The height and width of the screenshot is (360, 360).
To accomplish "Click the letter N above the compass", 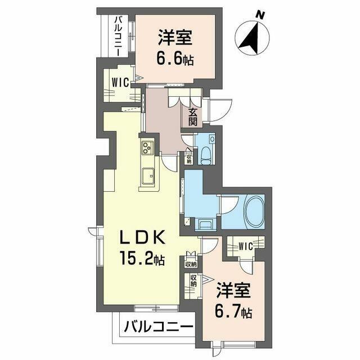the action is [x=260, y=15].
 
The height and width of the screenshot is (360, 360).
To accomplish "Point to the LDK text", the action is [x=142, y=237].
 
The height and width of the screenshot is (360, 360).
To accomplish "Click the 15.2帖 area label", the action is [x=142, y=258].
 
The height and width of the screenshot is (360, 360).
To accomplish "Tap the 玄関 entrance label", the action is [x=193, y=116].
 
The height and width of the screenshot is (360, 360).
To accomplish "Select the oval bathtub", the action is [x=255, y=211].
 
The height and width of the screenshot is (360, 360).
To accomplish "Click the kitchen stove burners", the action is [x=147, y=147].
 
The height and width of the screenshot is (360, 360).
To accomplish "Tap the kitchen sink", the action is [x=148, y=176].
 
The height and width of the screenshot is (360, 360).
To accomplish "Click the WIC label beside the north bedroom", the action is [x=120, y=83].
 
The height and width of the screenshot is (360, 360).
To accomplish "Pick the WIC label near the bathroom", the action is [x=245, y=246].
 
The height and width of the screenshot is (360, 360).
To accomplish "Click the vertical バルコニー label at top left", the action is [x=119, y=36].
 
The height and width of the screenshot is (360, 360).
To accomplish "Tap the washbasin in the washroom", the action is [x=205, y=224].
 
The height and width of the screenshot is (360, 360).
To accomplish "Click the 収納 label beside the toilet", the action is [x=189, y=159].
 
